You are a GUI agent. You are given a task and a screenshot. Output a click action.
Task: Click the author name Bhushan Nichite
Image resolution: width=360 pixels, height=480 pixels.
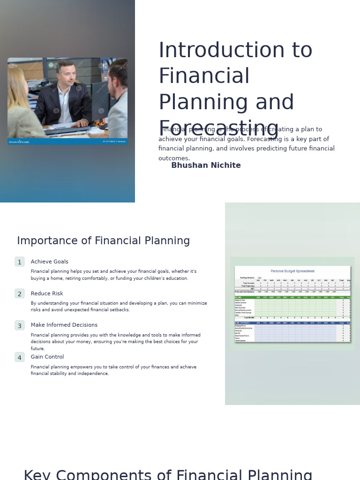click(206, 165)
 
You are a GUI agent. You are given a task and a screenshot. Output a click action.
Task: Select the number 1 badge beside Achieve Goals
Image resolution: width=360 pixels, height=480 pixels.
click(20, 262)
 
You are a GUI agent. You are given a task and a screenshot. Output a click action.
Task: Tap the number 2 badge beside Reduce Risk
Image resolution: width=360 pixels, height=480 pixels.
click(20, 294)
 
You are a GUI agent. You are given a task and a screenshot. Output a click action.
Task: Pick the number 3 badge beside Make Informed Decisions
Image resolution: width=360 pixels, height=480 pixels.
click(20, 326)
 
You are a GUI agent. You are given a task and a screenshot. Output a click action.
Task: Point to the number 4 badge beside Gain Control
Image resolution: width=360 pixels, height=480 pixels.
click(20, 358)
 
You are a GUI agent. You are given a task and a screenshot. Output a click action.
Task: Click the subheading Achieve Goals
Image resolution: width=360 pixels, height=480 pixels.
click(49, 262)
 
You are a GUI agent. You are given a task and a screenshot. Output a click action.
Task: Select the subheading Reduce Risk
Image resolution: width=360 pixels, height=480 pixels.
click(47, 293)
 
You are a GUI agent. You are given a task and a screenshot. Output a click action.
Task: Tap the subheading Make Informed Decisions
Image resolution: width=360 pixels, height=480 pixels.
click(64, 325)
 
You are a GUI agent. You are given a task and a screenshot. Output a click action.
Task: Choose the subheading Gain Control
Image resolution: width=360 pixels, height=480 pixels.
click(47, 357)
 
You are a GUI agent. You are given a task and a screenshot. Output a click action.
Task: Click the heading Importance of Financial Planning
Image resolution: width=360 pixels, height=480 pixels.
click(104, 241)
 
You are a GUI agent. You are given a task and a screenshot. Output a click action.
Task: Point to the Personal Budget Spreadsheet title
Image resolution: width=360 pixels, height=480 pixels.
click(292, 271)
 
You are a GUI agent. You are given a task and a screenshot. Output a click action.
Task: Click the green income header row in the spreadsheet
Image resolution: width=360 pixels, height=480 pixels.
click(292, 297)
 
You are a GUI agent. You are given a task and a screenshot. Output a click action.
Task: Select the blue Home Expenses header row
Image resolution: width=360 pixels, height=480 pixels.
click(292, 323)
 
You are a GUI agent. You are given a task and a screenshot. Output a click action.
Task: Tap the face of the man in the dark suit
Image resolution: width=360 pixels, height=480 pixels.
click(67, 75)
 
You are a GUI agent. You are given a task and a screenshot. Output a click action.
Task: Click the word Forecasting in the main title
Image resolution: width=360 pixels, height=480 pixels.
click(219, 129)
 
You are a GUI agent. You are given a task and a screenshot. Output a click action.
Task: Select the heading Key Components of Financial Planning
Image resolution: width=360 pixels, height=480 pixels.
click(168, 474)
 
